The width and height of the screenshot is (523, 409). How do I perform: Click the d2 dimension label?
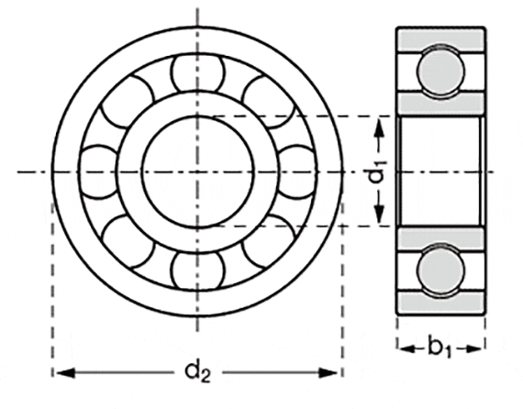196,371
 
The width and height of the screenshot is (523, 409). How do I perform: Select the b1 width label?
440,347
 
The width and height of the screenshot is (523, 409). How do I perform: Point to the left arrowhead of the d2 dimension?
61,372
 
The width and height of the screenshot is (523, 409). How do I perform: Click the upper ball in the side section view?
440,70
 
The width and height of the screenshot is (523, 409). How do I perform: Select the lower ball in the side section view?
440,271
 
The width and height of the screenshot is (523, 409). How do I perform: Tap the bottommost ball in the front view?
196,266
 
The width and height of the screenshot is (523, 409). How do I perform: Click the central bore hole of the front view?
196,171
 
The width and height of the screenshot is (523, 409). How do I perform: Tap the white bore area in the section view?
440,171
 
